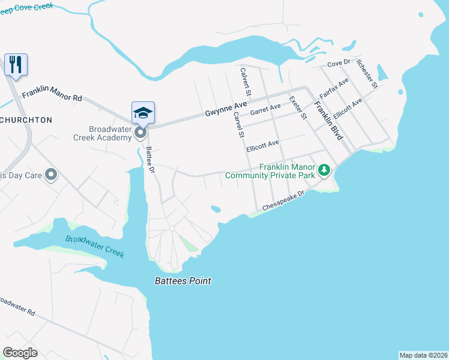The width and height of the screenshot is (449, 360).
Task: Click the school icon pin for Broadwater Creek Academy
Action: coord(143,113)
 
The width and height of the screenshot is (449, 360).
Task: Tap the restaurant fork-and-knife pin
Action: coord(16,64)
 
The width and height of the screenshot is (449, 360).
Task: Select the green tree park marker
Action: coord(324,170)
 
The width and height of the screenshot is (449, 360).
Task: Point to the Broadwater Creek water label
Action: coord(95,245)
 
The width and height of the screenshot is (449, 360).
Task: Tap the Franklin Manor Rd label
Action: coord(52,96)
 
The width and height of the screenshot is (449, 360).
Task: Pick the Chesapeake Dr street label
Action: coord(284,200)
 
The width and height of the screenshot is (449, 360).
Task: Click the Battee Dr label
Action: coord(150,160)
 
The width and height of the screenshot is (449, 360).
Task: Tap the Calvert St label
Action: coord(245,81)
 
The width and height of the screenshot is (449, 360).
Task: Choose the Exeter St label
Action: coord(298,107)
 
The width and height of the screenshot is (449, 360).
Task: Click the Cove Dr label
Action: coord(338,64)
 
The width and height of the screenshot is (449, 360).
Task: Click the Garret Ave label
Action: coord(265,109)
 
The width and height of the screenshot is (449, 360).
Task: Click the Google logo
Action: coord(20,352)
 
